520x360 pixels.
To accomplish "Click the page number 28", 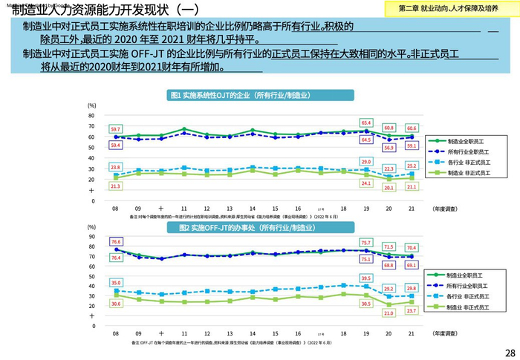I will [510, 352].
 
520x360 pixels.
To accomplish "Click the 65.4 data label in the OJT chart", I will [366, 122].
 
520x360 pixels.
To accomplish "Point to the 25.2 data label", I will [412, 165].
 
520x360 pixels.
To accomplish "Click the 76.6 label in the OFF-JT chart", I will [115, 242].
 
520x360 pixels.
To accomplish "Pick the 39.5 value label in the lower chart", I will [365, 278].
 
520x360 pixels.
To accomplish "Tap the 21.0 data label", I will [388, 313].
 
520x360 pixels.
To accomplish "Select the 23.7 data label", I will [412, 311].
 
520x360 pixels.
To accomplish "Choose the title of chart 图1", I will [239, 96].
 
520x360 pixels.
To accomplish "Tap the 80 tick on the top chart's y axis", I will [91, 116].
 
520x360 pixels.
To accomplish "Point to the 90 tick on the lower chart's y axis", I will [91, 236].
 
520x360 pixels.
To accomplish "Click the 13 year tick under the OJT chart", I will [230, 209].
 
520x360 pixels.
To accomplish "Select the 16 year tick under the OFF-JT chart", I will [298, 334].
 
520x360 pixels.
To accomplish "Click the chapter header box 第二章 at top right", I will [448, 8].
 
